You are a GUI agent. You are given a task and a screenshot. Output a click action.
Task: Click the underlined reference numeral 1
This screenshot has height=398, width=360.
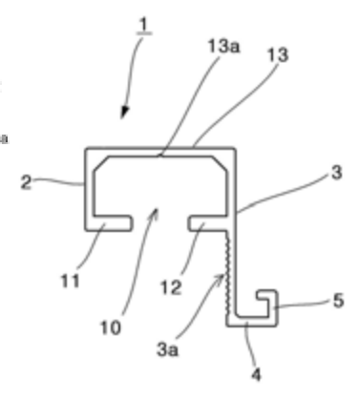(x=144, y=25)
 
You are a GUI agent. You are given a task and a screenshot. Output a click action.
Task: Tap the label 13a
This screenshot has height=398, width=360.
(x=223, y=46)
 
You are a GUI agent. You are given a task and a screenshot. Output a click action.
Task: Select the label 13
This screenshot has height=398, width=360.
(x=278, y=54)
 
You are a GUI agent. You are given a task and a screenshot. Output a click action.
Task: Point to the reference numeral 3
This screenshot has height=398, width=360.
(x=336, y=173)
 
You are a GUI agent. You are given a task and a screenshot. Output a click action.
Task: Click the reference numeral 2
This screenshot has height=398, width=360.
(x=26, y=182)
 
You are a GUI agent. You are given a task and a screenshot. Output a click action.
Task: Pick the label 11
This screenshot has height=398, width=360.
(x=70, y=281)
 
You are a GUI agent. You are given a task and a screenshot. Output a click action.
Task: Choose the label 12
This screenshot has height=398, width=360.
(x=171, y=287)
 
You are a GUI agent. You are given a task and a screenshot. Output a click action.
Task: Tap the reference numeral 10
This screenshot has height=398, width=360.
(x=111, y=327)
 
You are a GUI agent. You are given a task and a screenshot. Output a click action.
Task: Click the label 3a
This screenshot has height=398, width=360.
(x=167, y=349)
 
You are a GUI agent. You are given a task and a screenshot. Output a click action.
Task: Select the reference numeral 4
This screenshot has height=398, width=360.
(x=256, y=374)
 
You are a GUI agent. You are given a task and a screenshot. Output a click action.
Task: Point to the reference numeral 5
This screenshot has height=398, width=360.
(x=338, y=301)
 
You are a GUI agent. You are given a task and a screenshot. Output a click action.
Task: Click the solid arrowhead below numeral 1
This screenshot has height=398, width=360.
(x=124, y=112)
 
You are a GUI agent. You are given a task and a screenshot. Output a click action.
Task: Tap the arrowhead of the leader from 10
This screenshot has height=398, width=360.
(x=155, y=213)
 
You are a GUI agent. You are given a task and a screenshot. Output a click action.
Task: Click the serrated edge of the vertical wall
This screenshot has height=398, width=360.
(x=227, y=273)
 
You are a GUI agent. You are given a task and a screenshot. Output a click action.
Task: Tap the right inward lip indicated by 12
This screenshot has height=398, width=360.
(x=207, y=223)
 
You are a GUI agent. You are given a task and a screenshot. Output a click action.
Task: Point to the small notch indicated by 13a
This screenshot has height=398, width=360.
(x=160, y=156)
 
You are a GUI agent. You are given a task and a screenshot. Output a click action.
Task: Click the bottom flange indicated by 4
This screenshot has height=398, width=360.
(x=251, y=322)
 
